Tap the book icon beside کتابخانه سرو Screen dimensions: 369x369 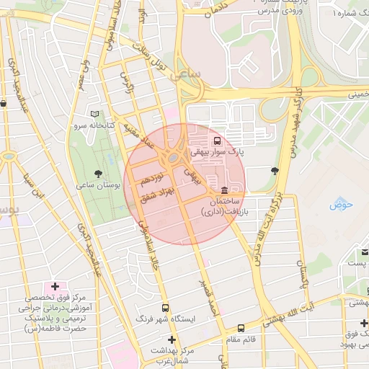click(94, 114)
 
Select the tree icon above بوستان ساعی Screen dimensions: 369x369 click(97, 173)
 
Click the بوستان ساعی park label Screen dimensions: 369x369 click(97, 185)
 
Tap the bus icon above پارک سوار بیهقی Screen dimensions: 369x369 click(218, 141)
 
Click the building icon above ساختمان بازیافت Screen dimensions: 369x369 click(224, 190)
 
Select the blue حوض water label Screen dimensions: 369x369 click(341, 205)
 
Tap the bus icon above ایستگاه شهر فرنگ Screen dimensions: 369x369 click(165, 306)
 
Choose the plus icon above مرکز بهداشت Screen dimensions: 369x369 click(171, 339)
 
